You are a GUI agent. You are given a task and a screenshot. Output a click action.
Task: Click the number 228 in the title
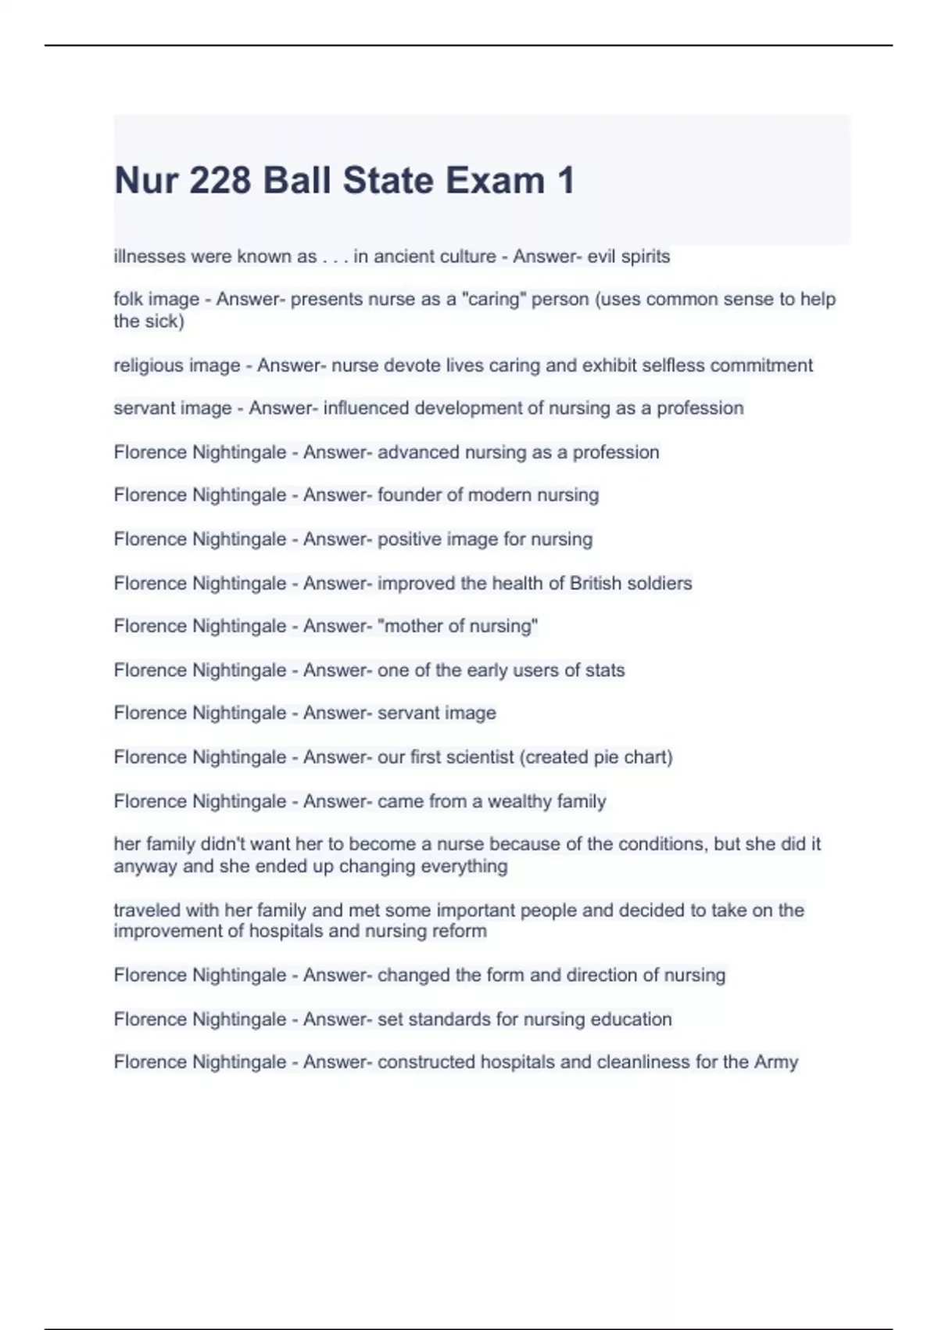(220, 181)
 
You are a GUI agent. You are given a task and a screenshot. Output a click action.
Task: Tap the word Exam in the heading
(495, 181)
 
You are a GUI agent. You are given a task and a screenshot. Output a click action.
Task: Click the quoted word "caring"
(493, 300)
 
